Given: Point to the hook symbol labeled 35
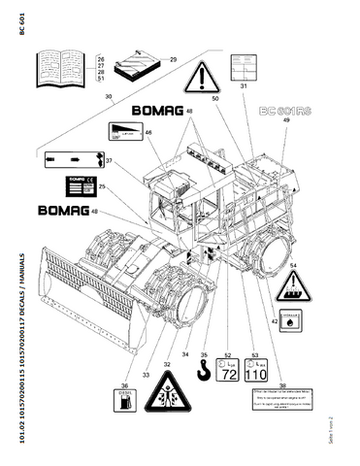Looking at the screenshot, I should coord(202,372).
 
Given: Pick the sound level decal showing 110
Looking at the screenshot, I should coord(255,371).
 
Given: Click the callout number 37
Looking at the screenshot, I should coord(109,161).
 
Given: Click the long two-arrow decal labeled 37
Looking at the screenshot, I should coord(71,156).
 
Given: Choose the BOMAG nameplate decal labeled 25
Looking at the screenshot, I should coord(81,187).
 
